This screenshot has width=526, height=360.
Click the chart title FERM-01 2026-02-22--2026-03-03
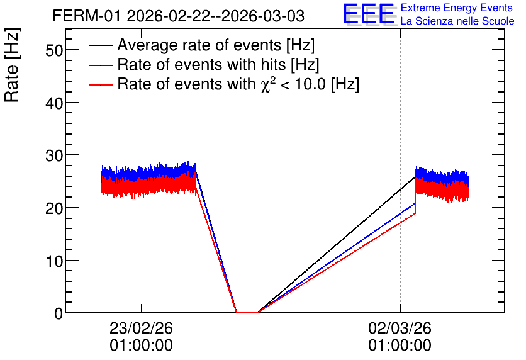click(x=179, y=16)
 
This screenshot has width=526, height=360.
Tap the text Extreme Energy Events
click(x=457, y=8)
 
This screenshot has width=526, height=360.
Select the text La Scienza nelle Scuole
click(x=457, y=21)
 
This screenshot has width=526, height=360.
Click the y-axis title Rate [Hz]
click(x=12, y=65)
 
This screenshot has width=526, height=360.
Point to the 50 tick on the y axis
click(x=54, y=50)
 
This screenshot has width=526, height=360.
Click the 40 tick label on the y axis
click(x=54, y=103)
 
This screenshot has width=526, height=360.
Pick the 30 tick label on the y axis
click(x=54, y=155)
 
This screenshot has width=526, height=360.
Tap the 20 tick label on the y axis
click(x=54, y=208)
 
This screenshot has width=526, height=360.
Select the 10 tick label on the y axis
click(x=54, y=261)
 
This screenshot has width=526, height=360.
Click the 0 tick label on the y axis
click(x=59, y=313)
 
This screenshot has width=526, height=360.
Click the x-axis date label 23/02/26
click(x=141, y=328)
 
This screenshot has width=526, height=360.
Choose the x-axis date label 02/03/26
click(x=400, y=328)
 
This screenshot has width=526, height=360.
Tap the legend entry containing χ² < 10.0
click(x=238, y=84)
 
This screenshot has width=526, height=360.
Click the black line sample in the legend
click(x=101, y=45)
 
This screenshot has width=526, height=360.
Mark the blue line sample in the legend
click(x=101, y=65)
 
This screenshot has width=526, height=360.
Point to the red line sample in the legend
click(x=101, y=84)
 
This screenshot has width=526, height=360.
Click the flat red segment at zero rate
click(x=247, y=313)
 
